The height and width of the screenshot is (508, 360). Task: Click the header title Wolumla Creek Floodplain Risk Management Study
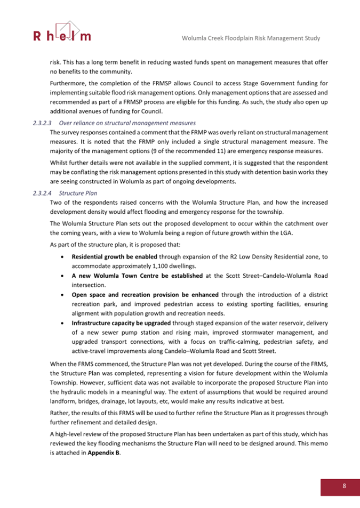click(251, 38)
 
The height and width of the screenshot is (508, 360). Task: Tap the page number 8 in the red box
click(344, 486)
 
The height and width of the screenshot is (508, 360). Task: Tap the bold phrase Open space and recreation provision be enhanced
click(145, 294)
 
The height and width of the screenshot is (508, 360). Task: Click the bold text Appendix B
click(103, 453)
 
